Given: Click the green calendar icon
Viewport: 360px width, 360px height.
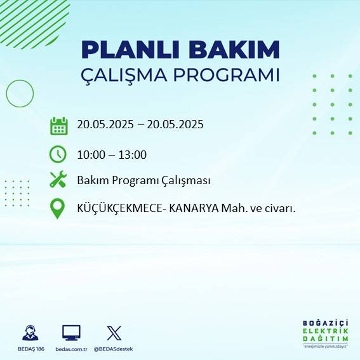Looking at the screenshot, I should click(x=58, y=126).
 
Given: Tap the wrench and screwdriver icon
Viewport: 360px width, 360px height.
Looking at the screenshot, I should click(x=58, y=180).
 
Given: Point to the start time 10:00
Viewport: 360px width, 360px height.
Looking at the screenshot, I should click(x=90, y=154).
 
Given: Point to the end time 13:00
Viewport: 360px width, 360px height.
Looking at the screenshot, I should click(x=133, y=154).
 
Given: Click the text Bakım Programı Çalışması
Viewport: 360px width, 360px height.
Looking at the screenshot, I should click(x=143, y=181).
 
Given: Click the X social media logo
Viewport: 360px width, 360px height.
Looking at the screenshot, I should click(x=114, y=333).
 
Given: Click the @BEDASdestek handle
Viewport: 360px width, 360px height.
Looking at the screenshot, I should click(x=113, y=349).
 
